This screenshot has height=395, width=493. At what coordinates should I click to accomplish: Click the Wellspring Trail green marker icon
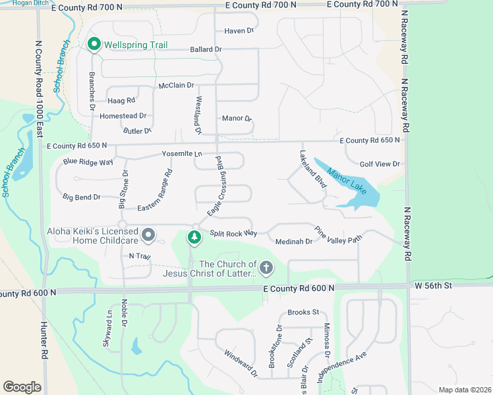tap(94, 45)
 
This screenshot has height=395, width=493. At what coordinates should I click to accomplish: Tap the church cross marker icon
tap(266, 267)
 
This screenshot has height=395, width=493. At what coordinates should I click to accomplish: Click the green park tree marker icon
tap(194, 237)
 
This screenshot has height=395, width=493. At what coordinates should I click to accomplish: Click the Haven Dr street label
tap(239, 31)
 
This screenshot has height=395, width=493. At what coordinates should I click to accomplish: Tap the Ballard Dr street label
tap(206, 49)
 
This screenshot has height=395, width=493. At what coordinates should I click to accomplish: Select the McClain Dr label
tap(176, 86)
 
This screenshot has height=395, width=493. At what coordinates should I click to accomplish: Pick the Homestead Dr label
tap(123, 116)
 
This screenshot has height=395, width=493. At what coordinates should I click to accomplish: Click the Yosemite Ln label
tap(182, 153)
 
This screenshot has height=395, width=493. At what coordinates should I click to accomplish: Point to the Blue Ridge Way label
tap(88, 161)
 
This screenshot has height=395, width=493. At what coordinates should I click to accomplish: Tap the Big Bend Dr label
tap(82, 197)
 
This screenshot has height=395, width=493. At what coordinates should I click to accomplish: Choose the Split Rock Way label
tap(233, 233)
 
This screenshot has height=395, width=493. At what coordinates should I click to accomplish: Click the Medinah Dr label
tap(293, 242)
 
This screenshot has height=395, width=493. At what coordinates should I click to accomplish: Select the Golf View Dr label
tap(380, 164)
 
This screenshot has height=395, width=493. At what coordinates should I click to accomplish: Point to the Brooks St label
tap(303, 312)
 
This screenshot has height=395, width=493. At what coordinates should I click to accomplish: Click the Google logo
tap(22, 387)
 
